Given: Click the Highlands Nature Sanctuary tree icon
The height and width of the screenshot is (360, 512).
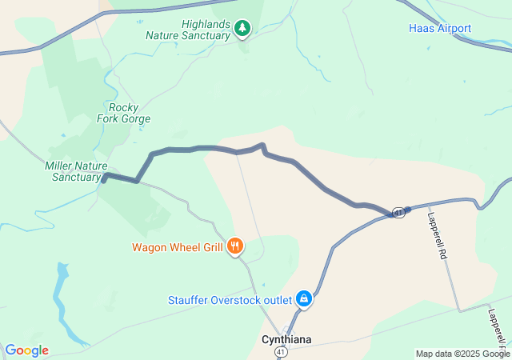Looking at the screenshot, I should [x=242, y=30].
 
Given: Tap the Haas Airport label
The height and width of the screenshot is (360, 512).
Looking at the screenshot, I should [x=440, y=29].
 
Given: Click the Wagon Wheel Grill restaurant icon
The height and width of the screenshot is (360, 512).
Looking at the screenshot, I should [x=235, y=246].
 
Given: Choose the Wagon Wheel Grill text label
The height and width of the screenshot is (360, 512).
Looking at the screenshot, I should [x=178, y=246].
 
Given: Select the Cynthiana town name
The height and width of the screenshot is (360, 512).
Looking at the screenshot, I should [x=286, y=339].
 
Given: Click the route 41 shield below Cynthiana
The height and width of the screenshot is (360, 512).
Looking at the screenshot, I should [x=280, y=351].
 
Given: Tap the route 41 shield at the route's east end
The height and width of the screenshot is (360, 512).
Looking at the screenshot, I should [x=398, y=211].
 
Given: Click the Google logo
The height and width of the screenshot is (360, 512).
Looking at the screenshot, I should [x=27, y=350].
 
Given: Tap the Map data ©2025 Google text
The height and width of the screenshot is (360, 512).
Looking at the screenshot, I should [x=462, y=354].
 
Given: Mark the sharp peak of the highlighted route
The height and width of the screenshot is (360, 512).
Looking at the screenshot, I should [x=262, y=145].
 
